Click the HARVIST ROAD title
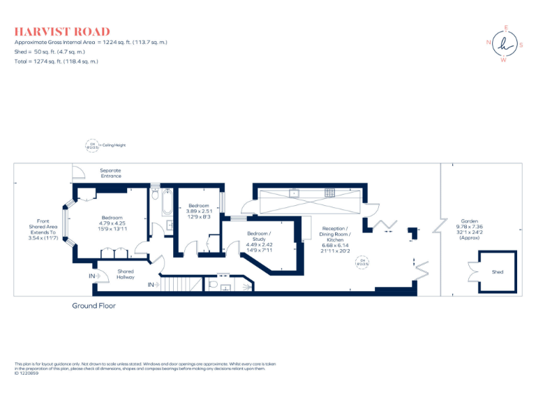62,31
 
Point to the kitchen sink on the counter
295,193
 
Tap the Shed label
497,271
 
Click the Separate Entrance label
110,173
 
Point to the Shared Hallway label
126,274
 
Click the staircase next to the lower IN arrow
184,284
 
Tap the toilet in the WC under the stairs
214,284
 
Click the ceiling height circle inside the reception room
362,262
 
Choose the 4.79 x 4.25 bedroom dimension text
112,223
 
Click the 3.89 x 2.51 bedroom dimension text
199,211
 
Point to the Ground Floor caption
94,306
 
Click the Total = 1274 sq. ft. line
56,61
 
